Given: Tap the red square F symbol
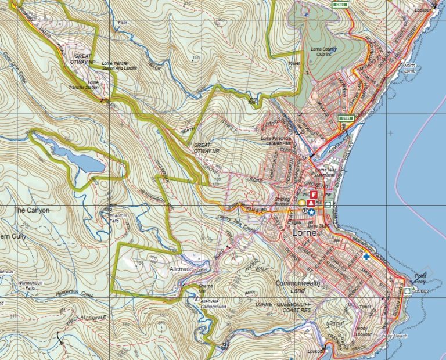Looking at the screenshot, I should point(314,194).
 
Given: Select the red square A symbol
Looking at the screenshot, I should point(311,203).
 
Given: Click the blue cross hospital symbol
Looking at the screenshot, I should point(366,256).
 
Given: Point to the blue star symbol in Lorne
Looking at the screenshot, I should point(311,213).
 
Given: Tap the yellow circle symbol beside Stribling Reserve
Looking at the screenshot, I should point(301,203).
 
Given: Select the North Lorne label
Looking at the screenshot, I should point(411,68).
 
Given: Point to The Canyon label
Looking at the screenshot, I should point(31,210).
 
